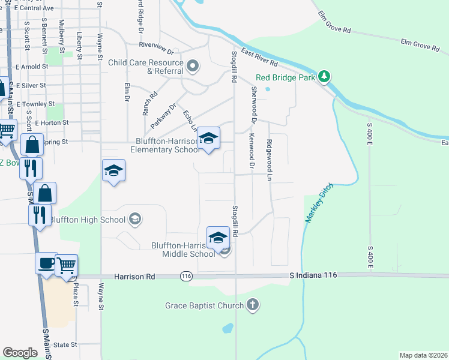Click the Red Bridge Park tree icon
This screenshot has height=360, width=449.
[x=324, y=76]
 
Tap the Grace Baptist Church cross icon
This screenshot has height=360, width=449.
[x=253, y=305]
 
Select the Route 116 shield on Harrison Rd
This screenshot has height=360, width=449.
[x=185, y=276]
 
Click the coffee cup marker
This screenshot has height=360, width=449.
[x=46, y=264]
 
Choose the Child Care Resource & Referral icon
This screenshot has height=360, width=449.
[x=193, y=65]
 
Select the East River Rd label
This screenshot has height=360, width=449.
[x=259, y=58]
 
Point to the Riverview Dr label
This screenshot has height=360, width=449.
[x=155, y=44]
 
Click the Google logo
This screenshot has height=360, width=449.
[x=20, y=353]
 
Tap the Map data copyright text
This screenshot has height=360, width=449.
[x=423, y=355]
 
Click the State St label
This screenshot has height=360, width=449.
[x=65, y=345]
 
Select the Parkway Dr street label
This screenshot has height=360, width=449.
[x=163, y=116]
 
